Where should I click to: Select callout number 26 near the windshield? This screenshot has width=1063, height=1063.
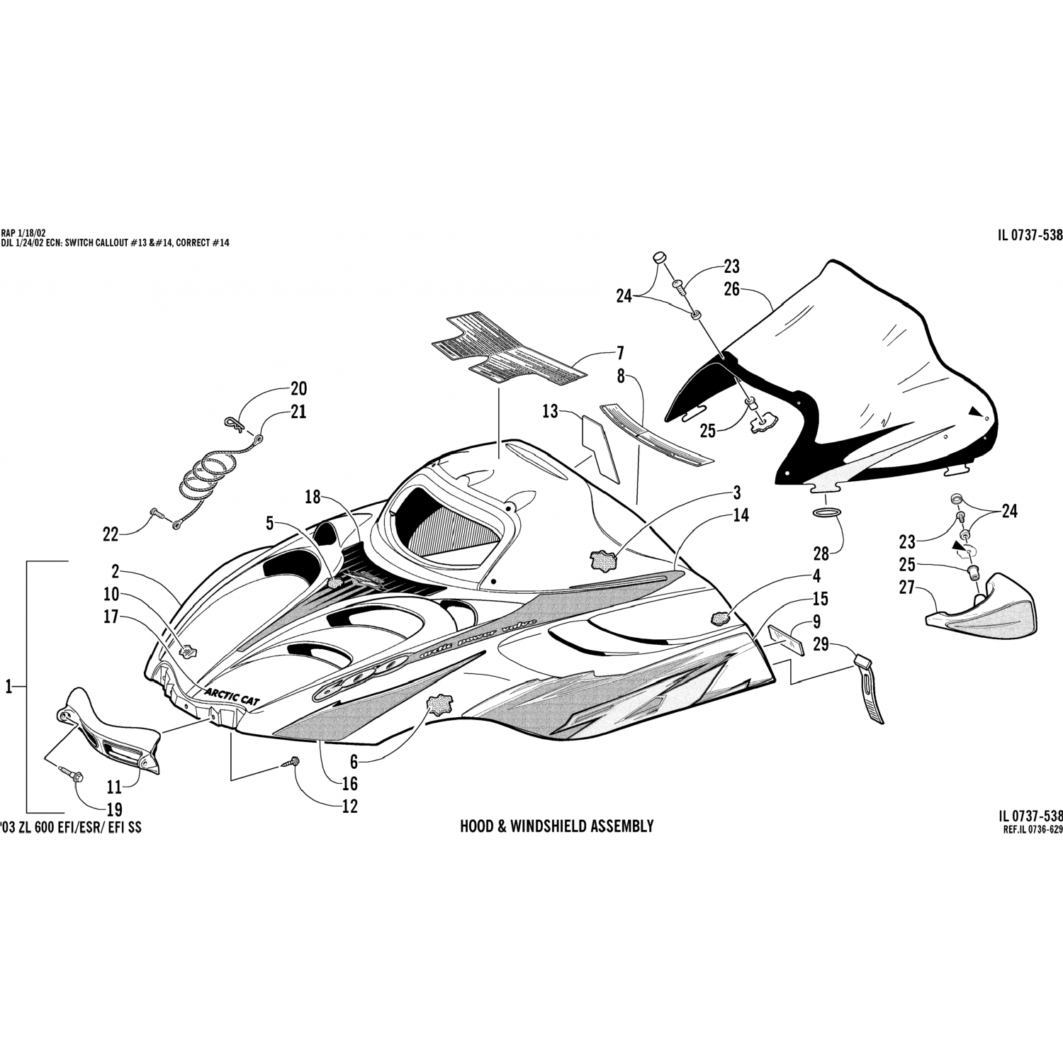(731, 289)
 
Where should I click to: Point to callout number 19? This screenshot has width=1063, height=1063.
(114, 809)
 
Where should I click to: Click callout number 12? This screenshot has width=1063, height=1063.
(349, 806)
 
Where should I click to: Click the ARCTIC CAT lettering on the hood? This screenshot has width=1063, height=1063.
(232, 694)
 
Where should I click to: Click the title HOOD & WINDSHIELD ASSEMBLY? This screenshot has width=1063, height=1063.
(556, 826)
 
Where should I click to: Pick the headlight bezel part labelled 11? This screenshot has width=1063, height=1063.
(113, 731)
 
